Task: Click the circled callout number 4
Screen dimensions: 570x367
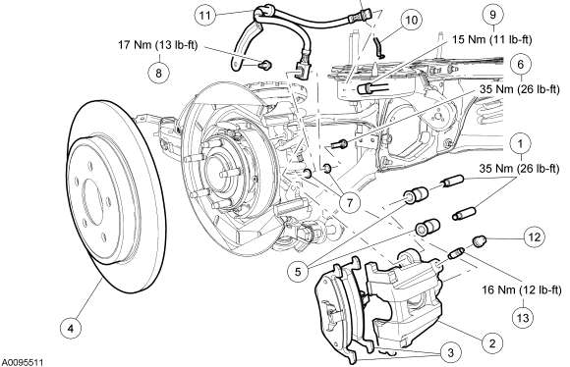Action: tap(71, 329)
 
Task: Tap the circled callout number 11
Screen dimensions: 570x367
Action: tap(205, 16)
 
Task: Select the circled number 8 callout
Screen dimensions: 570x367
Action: tap(159, 73)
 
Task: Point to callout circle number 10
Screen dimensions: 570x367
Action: tap(411, 20)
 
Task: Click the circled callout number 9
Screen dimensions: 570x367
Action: tap(493, 15)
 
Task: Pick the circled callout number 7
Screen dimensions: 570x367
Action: tap(350, 203)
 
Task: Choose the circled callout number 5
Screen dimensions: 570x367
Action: tap(298, 272)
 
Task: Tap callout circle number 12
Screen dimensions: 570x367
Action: tap(534, 237)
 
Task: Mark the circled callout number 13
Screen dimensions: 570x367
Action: tap(523, 318)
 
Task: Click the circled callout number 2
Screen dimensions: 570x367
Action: tap(492, 343)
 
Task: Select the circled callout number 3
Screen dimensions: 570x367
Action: tap(450, 352)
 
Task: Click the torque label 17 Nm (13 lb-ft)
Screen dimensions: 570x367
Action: tap(158, 45)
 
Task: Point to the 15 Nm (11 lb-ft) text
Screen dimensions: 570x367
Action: tap(491, 39)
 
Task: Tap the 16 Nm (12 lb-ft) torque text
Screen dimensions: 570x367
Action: tap(522, 290)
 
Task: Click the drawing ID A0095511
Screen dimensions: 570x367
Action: tap(23, 362)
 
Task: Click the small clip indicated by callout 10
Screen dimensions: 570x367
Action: tap(379, 47)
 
